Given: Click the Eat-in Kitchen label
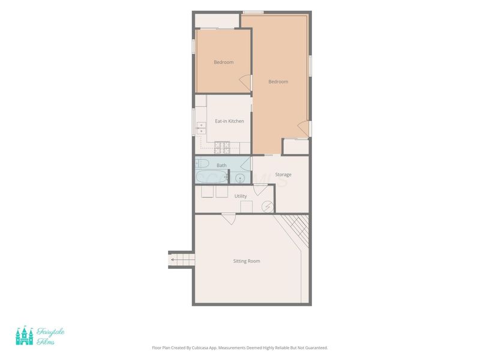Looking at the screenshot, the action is coord(229,121).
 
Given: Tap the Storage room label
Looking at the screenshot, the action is coord(283,175).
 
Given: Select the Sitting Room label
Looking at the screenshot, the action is coord(247,261).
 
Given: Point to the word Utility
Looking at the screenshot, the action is coord(241,196).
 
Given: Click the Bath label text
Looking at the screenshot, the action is coord(221,166).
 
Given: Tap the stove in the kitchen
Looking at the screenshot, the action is coord(222,147).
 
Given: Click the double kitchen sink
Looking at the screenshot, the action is coord(201,128).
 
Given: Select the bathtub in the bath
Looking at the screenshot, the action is coord(212,177).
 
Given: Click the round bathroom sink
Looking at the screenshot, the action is coord(240,178).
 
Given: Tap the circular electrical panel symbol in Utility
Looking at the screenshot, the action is coord(268,206).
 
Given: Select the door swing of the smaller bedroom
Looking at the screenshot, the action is coord(245,83).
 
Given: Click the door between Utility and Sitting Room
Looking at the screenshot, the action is coord(229,218).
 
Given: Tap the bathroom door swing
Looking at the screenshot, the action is coord(245,164).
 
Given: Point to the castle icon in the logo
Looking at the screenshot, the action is coord(25,335).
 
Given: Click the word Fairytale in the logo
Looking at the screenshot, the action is coord(50,332).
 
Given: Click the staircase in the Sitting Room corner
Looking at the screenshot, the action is coord(292,230).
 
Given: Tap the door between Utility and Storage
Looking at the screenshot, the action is coord(260,190).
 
